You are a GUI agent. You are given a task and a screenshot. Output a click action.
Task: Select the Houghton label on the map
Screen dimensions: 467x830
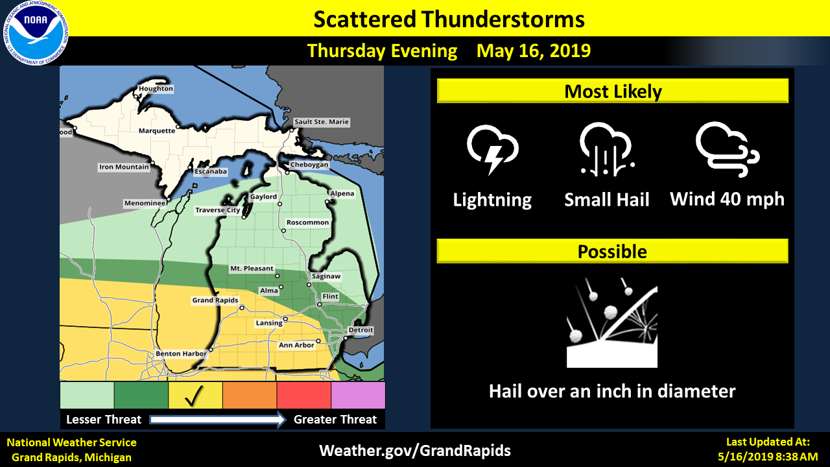pos(156,89)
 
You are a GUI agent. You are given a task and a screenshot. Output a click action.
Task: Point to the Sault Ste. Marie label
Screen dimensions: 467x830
pos(322,122)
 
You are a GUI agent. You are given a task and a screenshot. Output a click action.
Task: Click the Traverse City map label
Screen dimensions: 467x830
pos(218,210)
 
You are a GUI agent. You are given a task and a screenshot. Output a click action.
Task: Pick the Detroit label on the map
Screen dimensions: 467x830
pos(361,330)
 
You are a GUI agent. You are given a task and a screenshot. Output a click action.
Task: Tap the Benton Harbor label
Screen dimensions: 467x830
pos(181,353)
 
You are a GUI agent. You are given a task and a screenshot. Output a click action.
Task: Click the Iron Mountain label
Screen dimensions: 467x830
pos(124,167)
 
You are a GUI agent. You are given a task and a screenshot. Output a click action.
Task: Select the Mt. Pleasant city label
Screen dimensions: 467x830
pos(252,269)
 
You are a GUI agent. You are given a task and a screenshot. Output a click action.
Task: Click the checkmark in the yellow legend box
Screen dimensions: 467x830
pos(195,396)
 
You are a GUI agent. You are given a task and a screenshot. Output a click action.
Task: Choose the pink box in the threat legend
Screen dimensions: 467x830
pos(358,396)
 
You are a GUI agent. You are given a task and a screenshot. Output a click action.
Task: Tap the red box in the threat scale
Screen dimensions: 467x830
pos(303,396)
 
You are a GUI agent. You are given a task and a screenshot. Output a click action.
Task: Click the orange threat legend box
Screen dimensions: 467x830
pos(250,396)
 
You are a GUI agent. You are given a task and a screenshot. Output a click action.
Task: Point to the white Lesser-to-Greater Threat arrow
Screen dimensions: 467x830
pos(218,420)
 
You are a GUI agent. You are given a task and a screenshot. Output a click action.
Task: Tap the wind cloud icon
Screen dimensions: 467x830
pos(727,148)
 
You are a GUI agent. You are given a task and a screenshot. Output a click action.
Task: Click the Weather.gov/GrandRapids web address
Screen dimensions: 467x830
pos(415,450)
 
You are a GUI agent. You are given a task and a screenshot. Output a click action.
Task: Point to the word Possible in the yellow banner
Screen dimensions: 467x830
pos(612,252)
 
